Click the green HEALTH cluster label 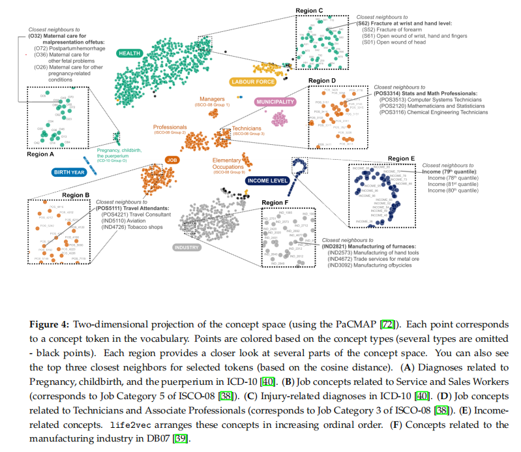[131, 53]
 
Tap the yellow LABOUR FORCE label [252, 82]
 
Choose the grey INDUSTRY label [188, 248]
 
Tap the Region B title [76, 194]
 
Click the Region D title [323, 80]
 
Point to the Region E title [399, 158]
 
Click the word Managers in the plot [213, 99]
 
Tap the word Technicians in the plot [246, 128]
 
